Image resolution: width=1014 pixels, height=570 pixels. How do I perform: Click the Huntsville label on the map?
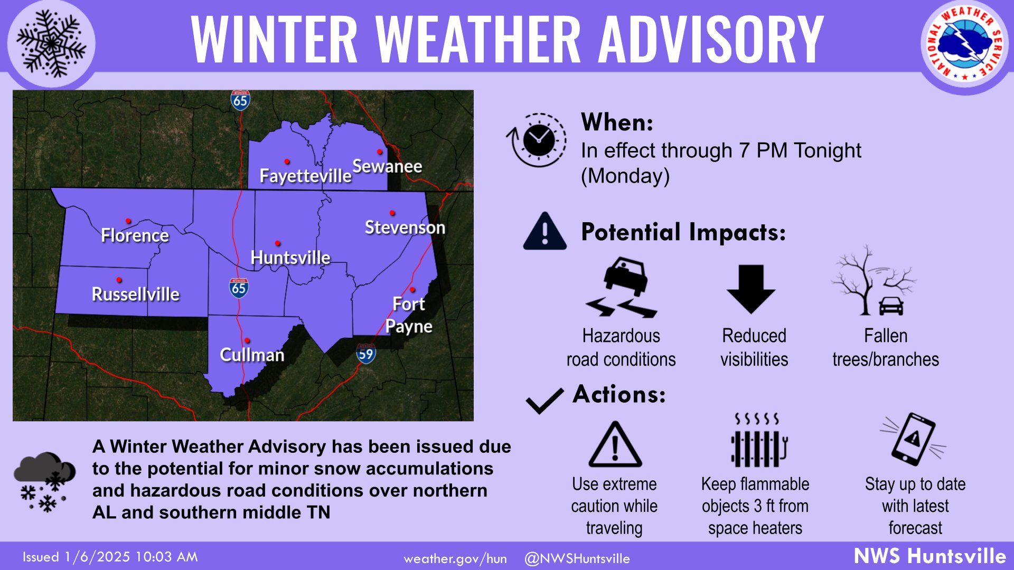coord(290,258)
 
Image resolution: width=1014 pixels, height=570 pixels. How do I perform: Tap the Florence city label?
coord(135,235)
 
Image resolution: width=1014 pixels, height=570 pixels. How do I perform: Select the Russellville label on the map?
coord(136,294)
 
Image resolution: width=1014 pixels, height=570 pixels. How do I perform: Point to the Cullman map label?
coord(252,355)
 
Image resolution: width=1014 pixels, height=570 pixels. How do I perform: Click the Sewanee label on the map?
coord(387,166)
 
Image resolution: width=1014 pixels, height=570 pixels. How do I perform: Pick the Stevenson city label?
coord(405,227)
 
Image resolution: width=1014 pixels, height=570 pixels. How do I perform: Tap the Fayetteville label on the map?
coord(305,176)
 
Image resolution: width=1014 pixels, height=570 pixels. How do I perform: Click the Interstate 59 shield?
coord(365,354)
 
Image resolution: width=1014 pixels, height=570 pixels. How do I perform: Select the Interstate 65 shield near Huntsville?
coord(239,288)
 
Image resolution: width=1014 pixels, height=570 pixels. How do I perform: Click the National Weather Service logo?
coord(965,44)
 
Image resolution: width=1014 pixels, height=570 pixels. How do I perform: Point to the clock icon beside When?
coord(537,140)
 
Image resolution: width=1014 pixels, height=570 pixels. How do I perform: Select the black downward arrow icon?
coord(751,289)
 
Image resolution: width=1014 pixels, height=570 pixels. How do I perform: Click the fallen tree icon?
coord(874,280)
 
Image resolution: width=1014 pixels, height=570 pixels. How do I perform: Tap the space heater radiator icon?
coord(758,441)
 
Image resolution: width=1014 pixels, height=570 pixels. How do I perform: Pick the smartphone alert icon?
coord(913,439)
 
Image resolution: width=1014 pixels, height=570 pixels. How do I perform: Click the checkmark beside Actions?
coord(545,401)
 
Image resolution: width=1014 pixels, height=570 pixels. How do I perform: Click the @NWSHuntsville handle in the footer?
coord(577,558)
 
